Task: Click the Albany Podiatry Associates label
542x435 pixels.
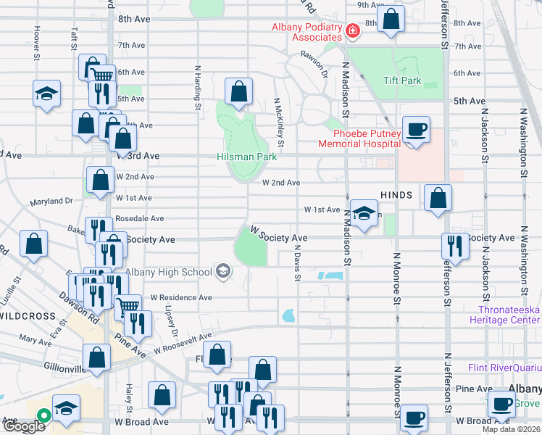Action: pos(306,32)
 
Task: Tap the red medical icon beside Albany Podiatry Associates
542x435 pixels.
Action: pos(352,30)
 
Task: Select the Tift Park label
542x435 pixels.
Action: pos(402,80)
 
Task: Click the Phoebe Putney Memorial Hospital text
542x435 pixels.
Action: pos(357,138)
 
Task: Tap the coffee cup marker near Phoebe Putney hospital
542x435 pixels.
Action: pos(416,130)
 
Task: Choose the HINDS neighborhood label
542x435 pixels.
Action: pos(396,195)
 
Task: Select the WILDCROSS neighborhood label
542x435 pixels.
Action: pos(28,317)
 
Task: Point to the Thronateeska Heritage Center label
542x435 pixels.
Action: pos(504,315)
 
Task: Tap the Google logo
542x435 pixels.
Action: pos(23,426)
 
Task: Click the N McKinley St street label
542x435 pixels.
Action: pos(280,120)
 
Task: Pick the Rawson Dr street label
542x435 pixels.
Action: pos(314,59)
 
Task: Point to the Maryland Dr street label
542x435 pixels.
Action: pos(51,201)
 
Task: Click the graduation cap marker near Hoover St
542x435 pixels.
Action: pos(46,94)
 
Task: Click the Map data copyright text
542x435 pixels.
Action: pos(511,429)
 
